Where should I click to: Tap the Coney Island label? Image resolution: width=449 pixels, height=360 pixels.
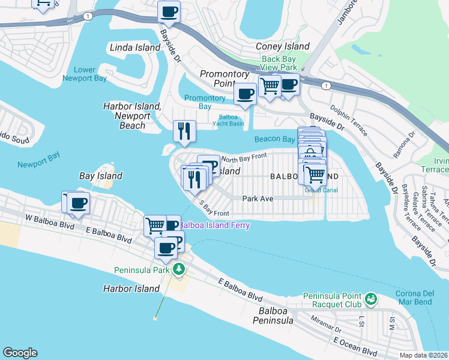coord(283,46)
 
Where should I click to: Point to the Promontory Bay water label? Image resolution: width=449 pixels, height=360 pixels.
coord(205,102)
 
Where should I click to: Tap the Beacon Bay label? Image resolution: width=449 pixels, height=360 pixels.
coord(274,139)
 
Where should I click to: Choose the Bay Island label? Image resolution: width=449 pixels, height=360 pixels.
coord(101,176)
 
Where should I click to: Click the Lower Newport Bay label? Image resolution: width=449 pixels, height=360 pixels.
coord(85,74)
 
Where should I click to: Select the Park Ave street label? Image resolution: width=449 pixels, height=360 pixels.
coord(258,198)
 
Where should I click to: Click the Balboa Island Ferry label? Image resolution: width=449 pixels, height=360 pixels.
coord(214,225)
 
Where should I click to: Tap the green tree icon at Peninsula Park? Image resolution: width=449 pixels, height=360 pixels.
coord(178,268)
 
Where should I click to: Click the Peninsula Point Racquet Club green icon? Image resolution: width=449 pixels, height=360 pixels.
coord(371,298)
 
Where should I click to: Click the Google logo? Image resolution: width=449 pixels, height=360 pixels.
coord(20,353)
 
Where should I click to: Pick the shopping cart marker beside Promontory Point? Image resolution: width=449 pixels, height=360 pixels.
coord(270,86)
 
